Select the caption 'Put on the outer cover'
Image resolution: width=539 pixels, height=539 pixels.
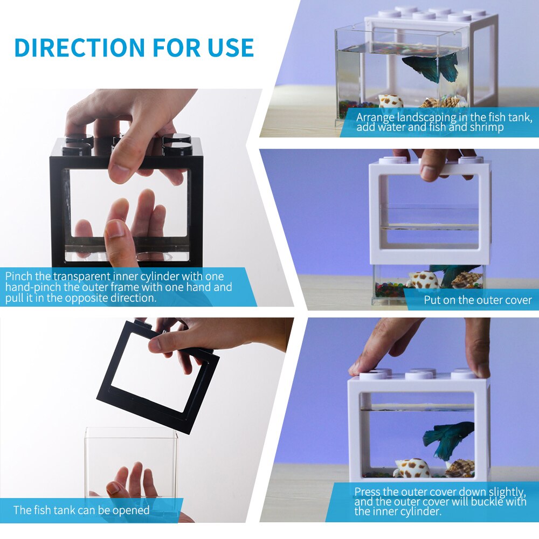click(478, 300)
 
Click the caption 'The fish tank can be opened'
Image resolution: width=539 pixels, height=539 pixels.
click(81, 510)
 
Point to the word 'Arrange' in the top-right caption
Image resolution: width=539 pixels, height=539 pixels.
click(376, 117)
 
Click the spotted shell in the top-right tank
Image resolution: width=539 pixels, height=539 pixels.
click(391, 101)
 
